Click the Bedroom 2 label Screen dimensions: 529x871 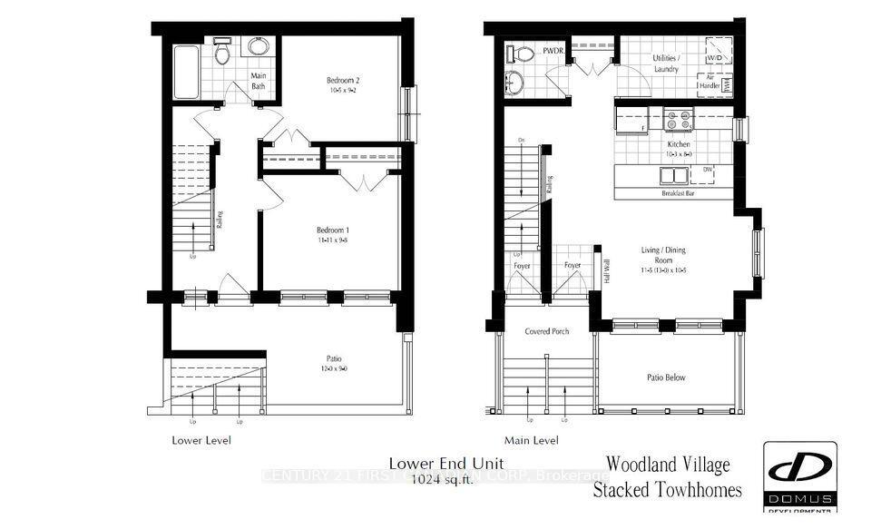343,81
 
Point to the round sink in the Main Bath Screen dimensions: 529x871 259,48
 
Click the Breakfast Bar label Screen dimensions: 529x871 675,192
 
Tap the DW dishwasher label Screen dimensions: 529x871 707,170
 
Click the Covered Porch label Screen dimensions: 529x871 547,331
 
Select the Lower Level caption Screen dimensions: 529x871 201,440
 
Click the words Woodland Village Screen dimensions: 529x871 667,465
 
